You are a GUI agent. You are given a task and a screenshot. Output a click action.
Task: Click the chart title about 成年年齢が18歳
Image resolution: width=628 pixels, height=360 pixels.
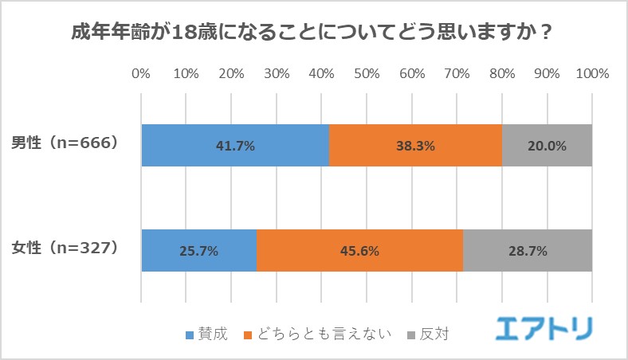coord(313,34)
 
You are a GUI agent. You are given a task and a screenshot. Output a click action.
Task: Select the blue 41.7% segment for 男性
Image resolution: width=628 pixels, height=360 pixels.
coord(235,146)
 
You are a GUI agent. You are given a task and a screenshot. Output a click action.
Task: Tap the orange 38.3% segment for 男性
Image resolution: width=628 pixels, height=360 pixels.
coord(415,146)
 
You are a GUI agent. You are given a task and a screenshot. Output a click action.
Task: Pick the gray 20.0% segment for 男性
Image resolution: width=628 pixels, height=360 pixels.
coord(547,146)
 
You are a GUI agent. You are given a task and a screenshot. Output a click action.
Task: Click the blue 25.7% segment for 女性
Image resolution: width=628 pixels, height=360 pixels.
coord(199,251)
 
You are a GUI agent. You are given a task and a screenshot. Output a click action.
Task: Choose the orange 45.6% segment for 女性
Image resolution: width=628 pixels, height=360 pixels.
coord(359,251)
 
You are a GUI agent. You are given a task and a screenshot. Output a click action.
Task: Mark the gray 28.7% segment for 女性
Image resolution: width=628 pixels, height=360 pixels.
coord(528,251)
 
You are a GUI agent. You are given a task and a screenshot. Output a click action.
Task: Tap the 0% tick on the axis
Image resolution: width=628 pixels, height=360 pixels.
coord(141,74)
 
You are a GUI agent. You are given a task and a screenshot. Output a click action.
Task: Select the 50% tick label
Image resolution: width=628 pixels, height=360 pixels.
coord(367,74)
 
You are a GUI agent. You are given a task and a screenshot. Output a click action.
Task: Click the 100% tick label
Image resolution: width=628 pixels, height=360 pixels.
coord(591,74)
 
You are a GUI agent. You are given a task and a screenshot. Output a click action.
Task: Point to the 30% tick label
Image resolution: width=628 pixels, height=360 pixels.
coord(277,74)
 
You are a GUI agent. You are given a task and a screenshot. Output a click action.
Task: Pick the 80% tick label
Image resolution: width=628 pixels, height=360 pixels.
coord(502,74)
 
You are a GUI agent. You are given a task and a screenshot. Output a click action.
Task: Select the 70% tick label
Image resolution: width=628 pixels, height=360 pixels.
coord(457,74)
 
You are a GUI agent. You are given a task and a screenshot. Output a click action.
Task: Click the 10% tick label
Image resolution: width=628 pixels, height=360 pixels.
coord(186,74)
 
